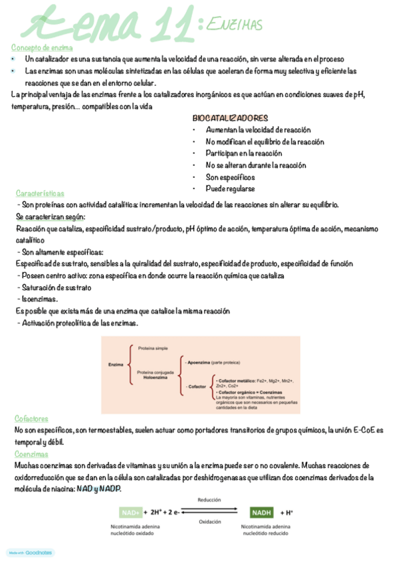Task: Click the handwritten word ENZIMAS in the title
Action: (234, 25)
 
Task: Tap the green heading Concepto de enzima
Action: (42, 47)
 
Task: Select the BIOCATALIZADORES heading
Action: (230, 118)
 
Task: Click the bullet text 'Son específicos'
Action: (230, 177)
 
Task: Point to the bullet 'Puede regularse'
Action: (230, 189)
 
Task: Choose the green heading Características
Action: (40, 193)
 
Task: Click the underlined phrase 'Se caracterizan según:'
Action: (50, 217)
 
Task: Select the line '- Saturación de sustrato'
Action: (54, 287)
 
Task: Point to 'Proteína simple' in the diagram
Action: (153, 348)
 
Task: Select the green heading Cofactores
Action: (31, 419)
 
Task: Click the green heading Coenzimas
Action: (31, 453)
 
